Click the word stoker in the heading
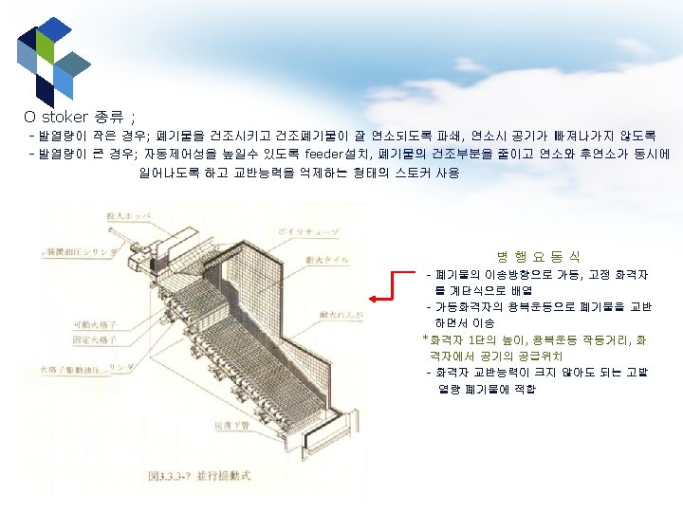(65, 118)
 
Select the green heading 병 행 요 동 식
(538, 257)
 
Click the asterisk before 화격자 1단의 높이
(425, 339)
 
